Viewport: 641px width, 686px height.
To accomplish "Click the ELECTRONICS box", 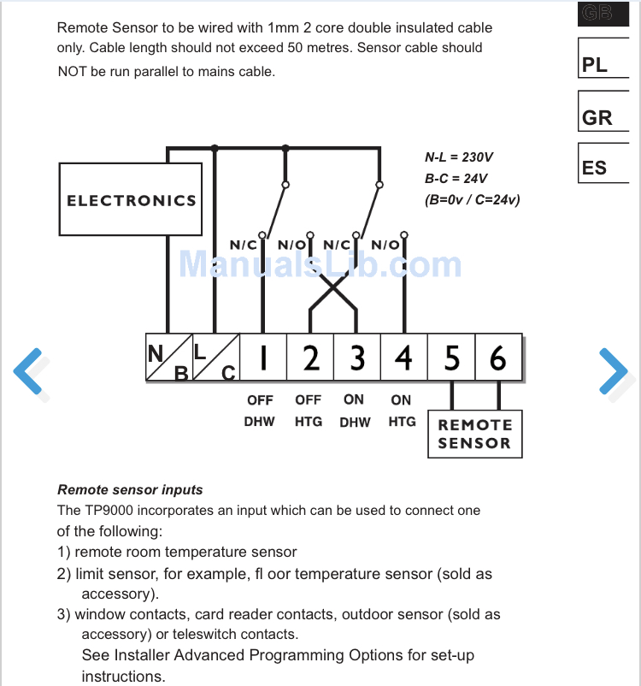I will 131,200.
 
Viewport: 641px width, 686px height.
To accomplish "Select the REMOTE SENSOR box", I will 474,434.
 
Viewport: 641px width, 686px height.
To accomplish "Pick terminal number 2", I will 310,358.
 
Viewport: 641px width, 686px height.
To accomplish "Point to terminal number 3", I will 357,358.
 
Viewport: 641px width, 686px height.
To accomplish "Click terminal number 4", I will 403,358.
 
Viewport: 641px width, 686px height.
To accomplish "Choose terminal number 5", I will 451,358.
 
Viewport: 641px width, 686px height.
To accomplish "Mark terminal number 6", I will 498,358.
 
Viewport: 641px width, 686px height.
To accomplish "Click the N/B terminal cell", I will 168,358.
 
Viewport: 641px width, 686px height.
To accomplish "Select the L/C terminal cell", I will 215,358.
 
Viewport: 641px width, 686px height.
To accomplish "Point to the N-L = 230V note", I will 459,157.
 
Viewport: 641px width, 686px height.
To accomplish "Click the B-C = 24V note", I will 456,179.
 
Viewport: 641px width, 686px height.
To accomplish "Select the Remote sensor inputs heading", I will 130,490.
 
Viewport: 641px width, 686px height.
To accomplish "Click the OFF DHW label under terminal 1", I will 260,411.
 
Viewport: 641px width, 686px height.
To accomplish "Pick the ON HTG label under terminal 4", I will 402,411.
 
